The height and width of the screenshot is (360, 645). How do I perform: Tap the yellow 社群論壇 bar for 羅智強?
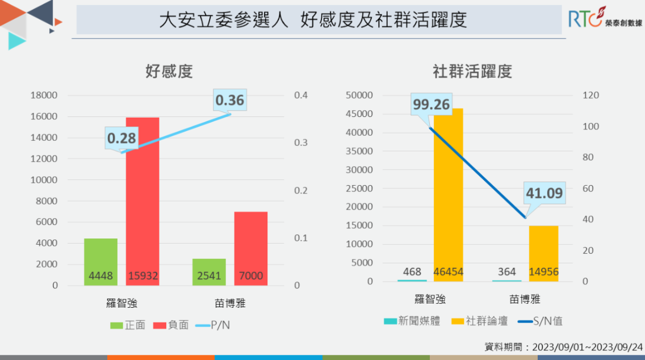pyautogui.click(x=449, y=187)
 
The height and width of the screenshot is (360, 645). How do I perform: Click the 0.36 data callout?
pyautogui.click(x=229, y=101)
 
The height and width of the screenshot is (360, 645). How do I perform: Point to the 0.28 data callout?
pyautogui.click(x=122, y=138)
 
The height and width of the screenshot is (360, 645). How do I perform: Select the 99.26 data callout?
pyautogui.click(x=432, y=104)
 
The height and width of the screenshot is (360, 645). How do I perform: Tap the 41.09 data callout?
pyautogui.click(x=543, y=194)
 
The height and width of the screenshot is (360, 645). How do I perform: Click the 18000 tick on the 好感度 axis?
pyautogui.click(x=44, y=95)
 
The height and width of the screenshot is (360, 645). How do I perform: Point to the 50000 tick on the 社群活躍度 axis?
pyautogui.click(x=359, y=95)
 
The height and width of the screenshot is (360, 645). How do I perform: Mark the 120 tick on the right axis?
pyautogui.click(x=591, y=95)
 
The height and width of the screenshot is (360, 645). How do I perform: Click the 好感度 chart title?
pyautogui.click(x=169, y=72)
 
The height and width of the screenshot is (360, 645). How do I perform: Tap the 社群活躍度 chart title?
pyautogui.click(x=472, y=72)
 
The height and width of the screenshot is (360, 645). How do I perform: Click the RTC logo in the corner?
pyautogui.click(x=605, y=19)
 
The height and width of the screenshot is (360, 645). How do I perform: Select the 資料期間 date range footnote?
pyautogui.click(x=564, y=347)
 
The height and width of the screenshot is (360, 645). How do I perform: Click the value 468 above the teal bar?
pyautogui.click(x=412, y=273)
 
